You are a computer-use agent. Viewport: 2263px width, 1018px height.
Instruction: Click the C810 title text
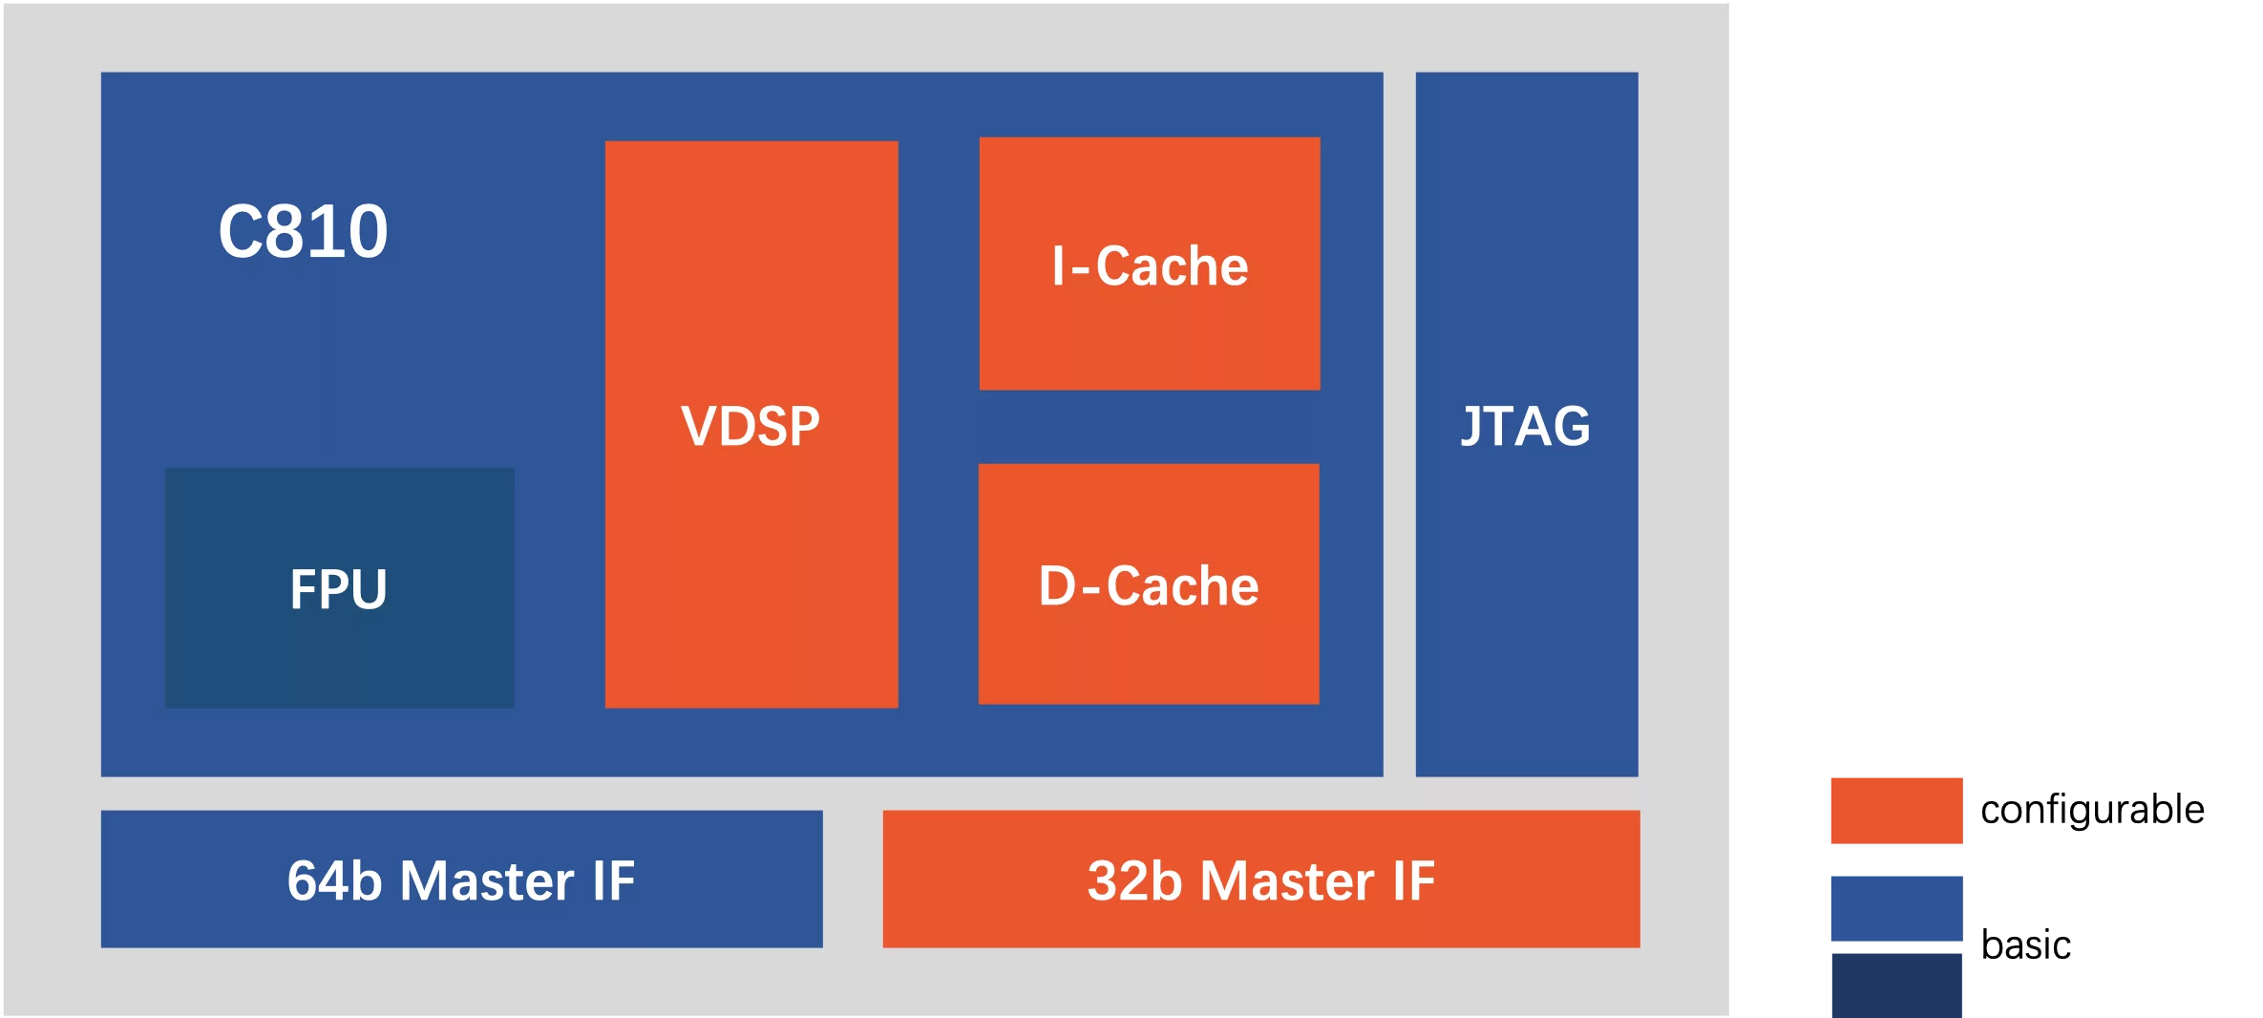tap(303, 231)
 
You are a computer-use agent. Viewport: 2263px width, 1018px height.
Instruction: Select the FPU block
tap(340, 587)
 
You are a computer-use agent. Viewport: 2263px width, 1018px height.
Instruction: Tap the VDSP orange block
tap(751, 424)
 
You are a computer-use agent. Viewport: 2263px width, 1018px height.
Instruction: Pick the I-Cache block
tap(1150, 264)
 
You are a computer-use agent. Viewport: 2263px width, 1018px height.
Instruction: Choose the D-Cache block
tap(1149, 584)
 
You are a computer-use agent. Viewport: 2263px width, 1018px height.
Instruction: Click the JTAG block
tap(1527, 424)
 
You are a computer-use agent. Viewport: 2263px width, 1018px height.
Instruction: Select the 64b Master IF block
tap(462, 879)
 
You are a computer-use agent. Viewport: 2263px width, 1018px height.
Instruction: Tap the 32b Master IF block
tap(1261, 879)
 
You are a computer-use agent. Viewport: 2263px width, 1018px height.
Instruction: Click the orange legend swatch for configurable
tap(1896, 811)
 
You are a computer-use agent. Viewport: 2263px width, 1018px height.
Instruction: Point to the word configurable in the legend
tap(2092, 810)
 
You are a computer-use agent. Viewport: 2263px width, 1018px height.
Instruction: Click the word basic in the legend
tap(2025, 944)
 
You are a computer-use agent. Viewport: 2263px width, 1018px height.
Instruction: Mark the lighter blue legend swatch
tap(1896, 908)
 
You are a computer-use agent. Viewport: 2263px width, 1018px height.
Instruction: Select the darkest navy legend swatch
tap(1896, 986)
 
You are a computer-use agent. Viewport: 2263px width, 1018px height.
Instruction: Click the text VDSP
tap(751, 426)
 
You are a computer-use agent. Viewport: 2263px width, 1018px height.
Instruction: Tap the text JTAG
tap(1526, 426)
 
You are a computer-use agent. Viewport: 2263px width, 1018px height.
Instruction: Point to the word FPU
tap(339, 588)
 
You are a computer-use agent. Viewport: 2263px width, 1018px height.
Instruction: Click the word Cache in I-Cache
tap(1173, 265)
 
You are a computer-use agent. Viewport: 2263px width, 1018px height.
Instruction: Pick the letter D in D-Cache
tap(1058, 585)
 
